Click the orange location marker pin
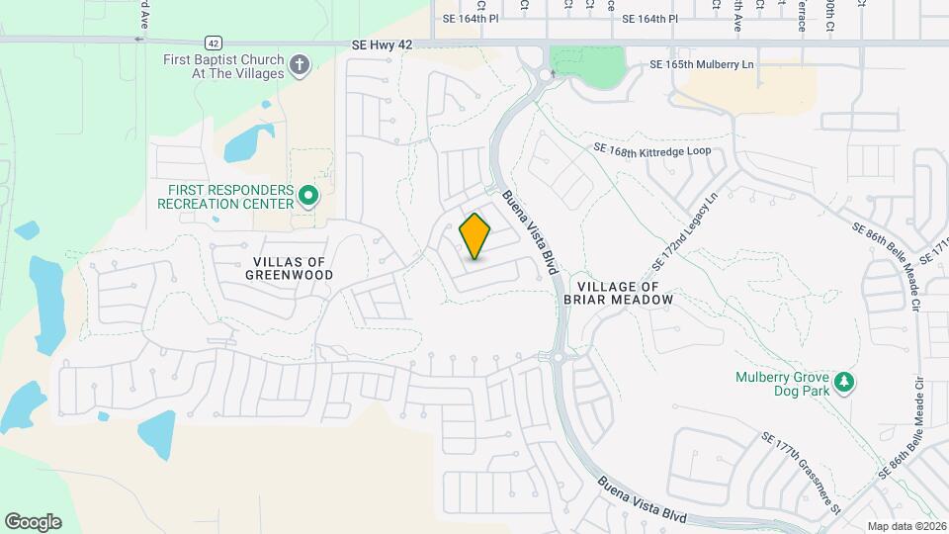[x=475, y=236]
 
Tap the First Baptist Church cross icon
[x=300, y=66]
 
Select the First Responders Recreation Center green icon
[x=307, y=197]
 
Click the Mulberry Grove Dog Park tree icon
[x=843, y=382]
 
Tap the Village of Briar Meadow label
[x=618, y=292]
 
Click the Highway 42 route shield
[x=213, y=43]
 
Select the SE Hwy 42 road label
[x=395, y=45]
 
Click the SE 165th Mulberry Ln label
[x=702, y=64]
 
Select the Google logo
[x=33, y=522]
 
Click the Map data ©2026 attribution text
[x=906, y=526]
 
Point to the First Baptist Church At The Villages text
[x=223, y=66]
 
